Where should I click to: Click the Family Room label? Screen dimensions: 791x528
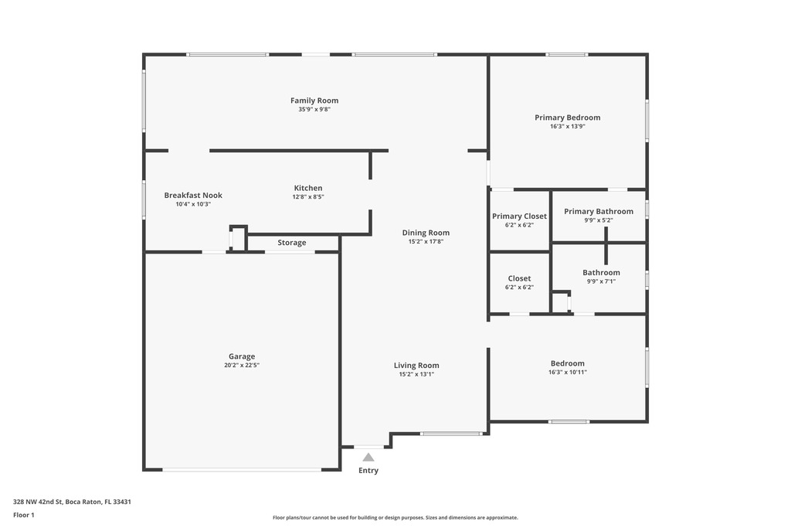pos(314,100)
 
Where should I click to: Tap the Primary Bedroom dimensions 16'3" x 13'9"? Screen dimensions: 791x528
pos(568,126)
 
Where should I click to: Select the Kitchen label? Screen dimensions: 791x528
pos(308,188)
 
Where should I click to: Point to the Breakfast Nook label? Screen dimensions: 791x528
pos(193,196)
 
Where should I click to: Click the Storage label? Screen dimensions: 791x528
pos(291,243)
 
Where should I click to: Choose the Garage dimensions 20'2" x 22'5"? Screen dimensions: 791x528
pos(242,365)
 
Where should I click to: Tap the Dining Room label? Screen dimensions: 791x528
pos(426,233)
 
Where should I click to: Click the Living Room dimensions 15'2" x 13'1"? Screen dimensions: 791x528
pos(416,374)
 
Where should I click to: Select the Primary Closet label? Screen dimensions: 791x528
pos(520,216)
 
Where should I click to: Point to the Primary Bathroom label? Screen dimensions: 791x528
pos(599,212)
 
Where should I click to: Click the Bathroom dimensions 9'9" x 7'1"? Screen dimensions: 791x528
pos(601,281)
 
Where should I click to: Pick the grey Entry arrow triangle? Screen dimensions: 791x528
pos(368,458)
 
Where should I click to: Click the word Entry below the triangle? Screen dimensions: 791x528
pos(368,471)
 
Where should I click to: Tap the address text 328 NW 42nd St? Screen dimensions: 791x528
pos(38,502)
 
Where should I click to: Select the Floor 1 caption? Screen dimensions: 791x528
pos(24,515)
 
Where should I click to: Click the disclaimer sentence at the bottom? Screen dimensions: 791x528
pos(395,517)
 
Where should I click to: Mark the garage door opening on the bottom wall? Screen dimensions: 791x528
pos(242,470)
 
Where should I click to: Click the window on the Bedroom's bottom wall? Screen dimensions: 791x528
pos(569,421)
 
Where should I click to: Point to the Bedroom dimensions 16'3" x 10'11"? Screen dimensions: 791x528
pos(568,372)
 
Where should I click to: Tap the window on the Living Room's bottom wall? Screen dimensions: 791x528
pos(451,433)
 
